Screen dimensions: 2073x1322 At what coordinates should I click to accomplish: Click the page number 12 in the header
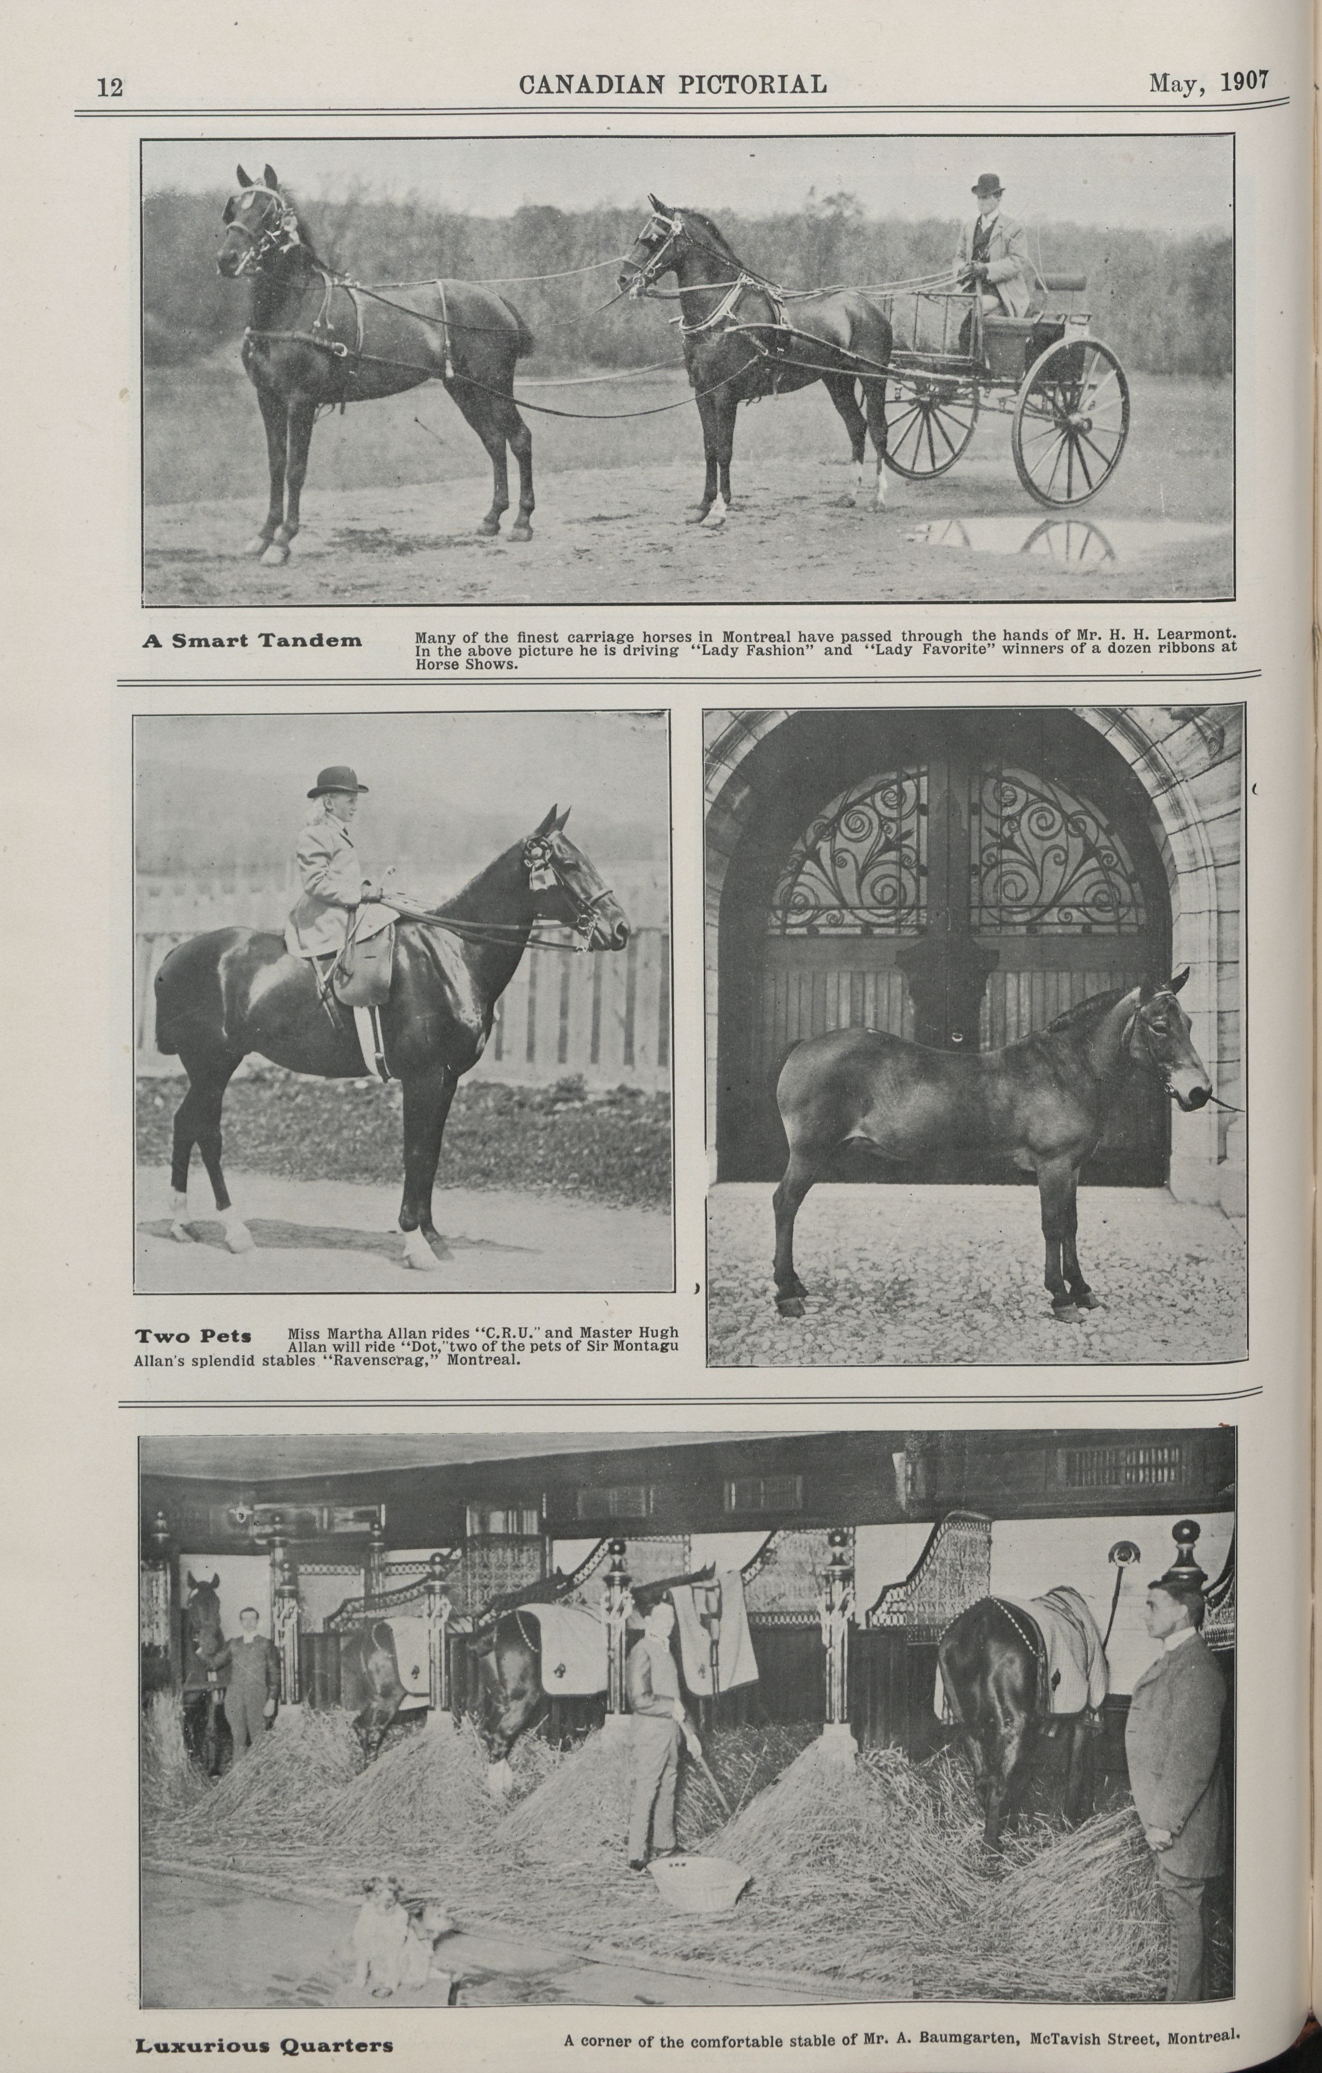coord(110,87)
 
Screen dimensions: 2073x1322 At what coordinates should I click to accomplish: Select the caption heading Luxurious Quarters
coord(263,2038)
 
